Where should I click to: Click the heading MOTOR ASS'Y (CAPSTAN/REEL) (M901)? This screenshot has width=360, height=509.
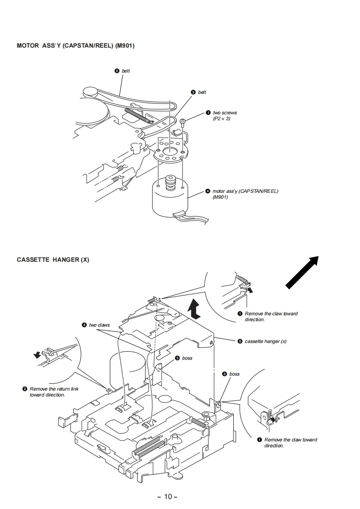click(75, 46)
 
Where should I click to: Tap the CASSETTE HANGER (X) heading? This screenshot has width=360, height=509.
click(53, 260)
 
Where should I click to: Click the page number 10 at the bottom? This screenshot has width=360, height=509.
click(168, 496)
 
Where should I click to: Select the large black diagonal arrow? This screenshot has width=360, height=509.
click(302, 271)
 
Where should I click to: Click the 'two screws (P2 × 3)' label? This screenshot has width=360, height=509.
click(225, 116)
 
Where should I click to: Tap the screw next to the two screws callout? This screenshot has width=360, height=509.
click(182, 122)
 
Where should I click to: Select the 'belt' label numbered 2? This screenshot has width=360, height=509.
click(126, 71)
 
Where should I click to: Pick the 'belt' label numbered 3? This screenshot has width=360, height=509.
click(202, 93)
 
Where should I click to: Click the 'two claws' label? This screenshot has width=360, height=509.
click(99, 325)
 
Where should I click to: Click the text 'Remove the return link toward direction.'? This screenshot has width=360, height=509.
click(50, 392)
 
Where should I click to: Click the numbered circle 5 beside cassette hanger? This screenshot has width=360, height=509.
click(240, 341)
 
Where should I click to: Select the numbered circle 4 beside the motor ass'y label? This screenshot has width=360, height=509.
click(207, 191)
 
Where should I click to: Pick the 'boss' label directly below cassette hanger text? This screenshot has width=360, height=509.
click(234, 374)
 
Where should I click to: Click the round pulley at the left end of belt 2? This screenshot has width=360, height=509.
click(89, 92)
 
